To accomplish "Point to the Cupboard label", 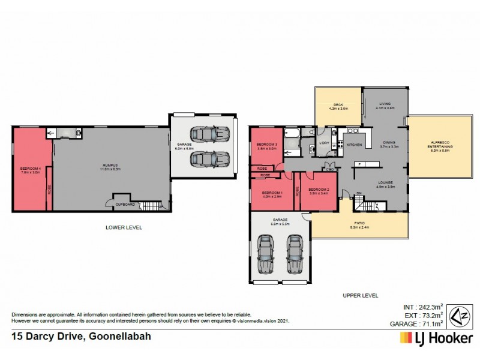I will pos(124,204).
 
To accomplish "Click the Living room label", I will pos(384,104).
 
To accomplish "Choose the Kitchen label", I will pos(354,146).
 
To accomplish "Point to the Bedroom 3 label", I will pos(265,146).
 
